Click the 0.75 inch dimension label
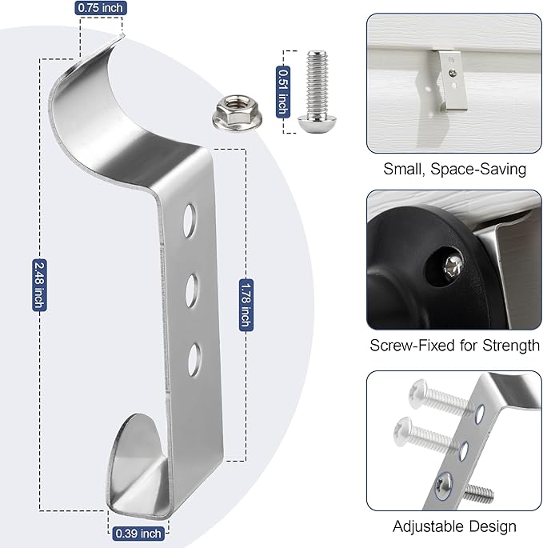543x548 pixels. pyautogui.click(x=101, y=8)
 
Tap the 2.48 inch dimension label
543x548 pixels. pyautogui.click(x=39, y=285)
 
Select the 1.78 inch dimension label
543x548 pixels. pyautogui.click(x=246, y=305)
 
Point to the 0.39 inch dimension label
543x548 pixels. pyautogui.click(x=138, y=534)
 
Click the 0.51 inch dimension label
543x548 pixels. pyautogui.click(x=283, y=91)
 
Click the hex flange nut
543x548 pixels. pyautogui.click(x=238, y=113)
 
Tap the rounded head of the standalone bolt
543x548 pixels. pyautogui.click(x=317, y=125)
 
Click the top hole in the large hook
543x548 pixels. pyautogui.click(x=190, y=221)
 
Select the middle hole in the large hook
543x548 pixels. pyautogui.click(x=192, y=290)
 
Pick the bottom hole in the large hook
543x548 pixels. pyautogui.click(x=194, y=360)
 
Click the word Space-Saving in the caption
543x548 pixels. pyautogui.click(x=478, y=169)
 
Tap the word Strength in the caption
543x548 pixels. pyautogui.click(x=511, y=346)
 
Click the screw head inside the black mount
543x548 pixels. pyautogui.click(x=453, y=266)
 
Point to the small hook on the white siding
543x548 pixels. pyautogui.click(x=449, y=80)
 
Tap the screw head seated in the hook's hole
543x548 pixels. pyautogui.click(x=443, y=485)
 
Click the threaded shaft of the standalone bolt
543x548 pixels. pyautogui.click(x=317, y=84)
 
